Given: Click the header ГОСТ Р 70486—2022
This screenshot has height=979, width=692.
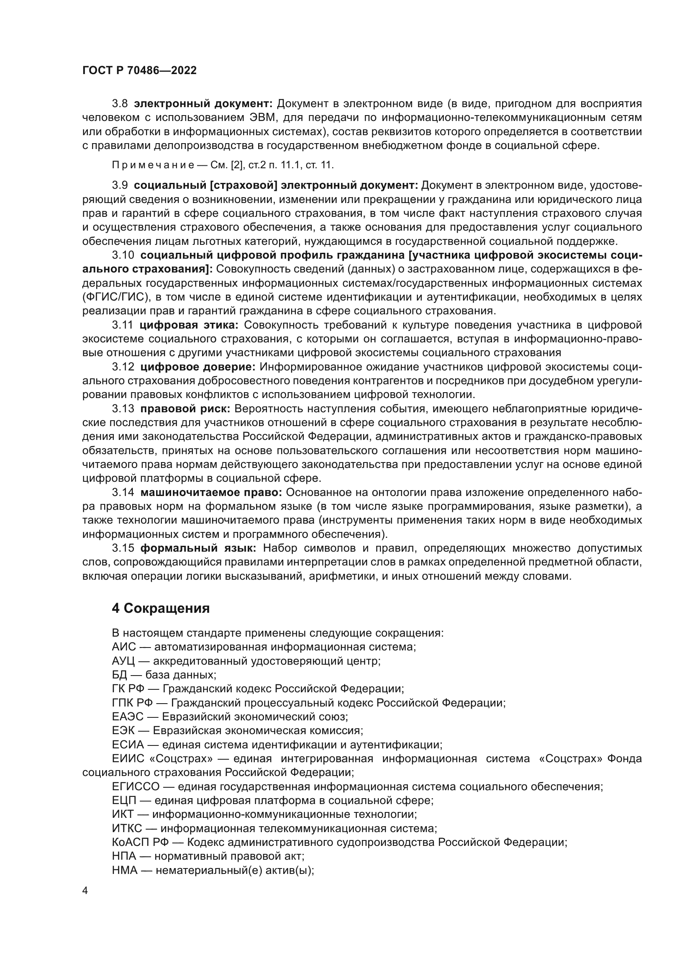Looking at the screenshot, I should coord(139,71).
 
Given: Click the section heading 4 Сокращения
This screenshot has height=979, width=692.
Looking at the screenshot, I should coord(161,608).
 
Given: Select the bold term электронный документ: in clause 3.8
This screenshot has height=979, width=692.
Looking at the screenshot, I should coord(203,104).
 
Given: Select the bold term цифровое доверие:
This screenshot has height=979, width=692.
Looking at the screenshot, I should coord(198,367).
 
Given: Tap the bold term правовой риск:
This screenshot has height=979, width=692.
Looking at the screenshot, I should coord(185,409).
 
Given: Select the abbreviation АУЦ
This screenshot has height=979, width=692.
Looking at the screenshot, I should coord(123,661).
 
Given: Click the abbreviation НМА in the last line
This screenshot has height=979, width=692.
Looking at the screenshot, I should coord(124,870).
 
